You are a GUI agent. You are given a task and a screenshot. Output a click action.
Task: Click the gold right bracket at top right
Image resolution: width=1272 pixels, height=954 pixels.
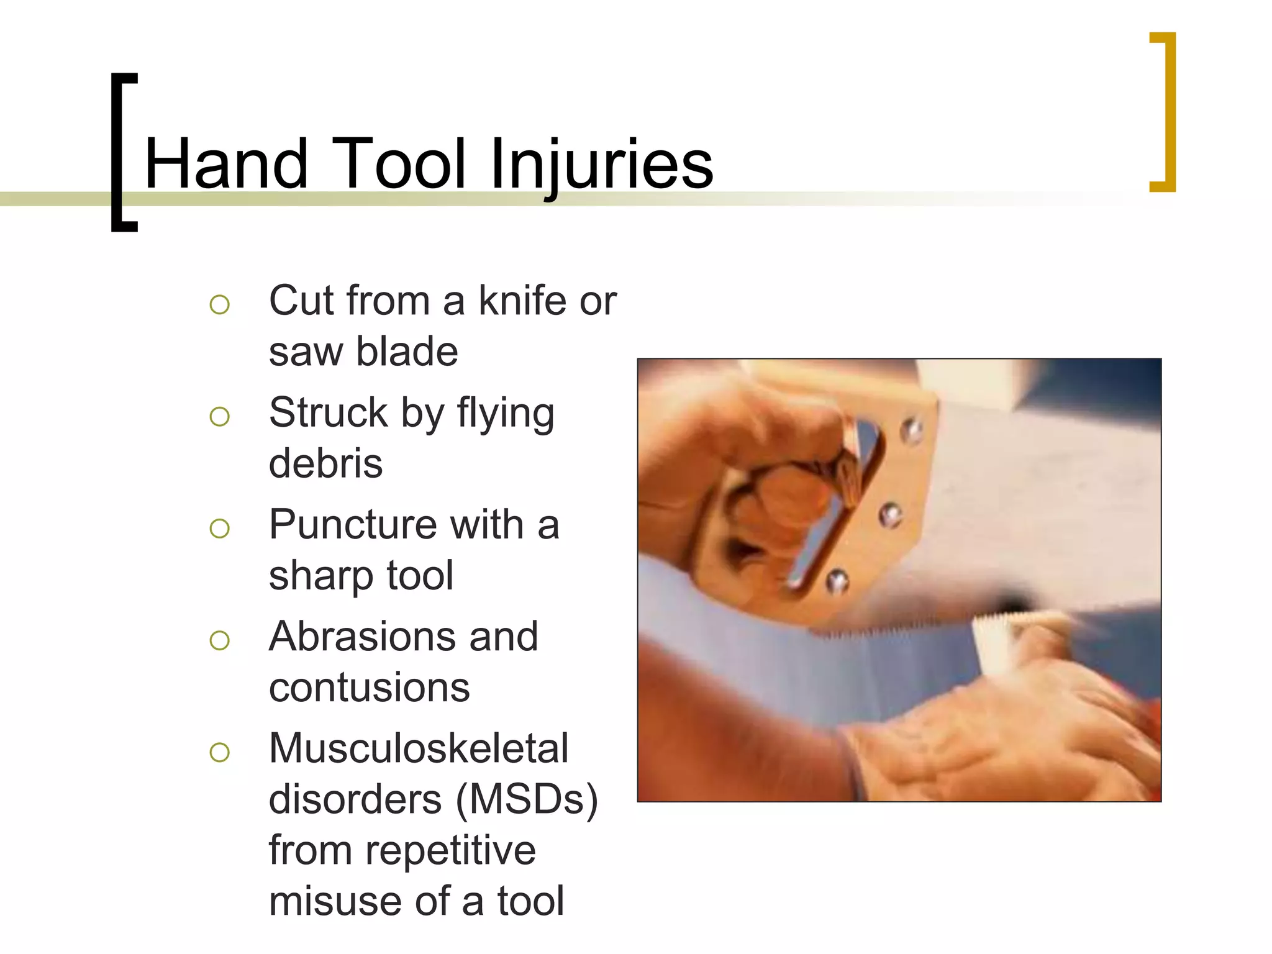[x=1164, y=112]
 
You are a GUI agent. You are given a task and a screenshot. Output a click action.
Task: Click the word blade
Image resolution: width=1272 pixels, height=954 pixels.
[x=407, y=352]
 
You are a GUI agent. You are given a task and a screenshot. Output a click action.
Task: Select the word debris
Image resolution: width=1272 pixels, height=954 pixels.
[x=325, y=464]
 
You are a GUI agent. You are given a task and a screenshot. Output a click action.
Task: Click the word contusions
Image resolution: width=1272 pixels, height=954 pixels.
[x=369, y=688]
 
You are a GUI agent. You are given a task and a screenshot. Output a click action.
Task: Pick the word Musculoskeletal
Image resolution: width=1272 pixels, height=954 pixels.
[x=418, y=748]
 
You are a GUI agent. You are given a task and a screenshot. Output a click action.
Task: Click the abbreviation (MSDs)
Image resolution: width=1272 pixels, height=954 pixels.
[x=527, y=799]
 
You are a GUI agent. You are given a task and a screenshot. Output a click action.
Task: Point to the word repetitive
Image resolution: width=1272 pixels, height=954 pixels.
[x=450, y=850]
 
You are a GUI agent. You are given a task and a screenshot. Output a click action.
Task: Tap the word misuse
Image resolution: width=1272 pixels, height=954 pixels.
[x=335, y=901]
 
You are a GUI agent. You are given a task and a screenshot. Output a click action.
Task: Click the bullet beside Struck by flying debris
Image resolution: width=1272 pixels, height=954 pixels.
[x=219, y=416]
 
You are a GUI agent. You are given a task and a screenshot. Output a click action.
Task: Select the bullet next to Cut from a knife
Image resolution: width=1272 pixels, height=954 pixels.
[x=219, y=304]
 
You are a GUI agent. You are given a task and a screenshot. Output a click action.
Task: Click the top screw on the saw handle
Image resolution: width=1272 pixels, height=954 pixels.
[x=912, y=430]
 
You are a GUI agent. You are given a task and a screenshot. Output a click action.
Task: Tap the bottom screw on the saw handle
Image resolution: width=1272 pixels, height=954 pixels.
[x=837, y=581]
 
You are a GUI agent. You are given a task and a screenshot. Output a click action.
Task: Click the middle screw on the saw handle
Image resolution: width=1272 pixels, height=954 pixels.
[x=890, y=514]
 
